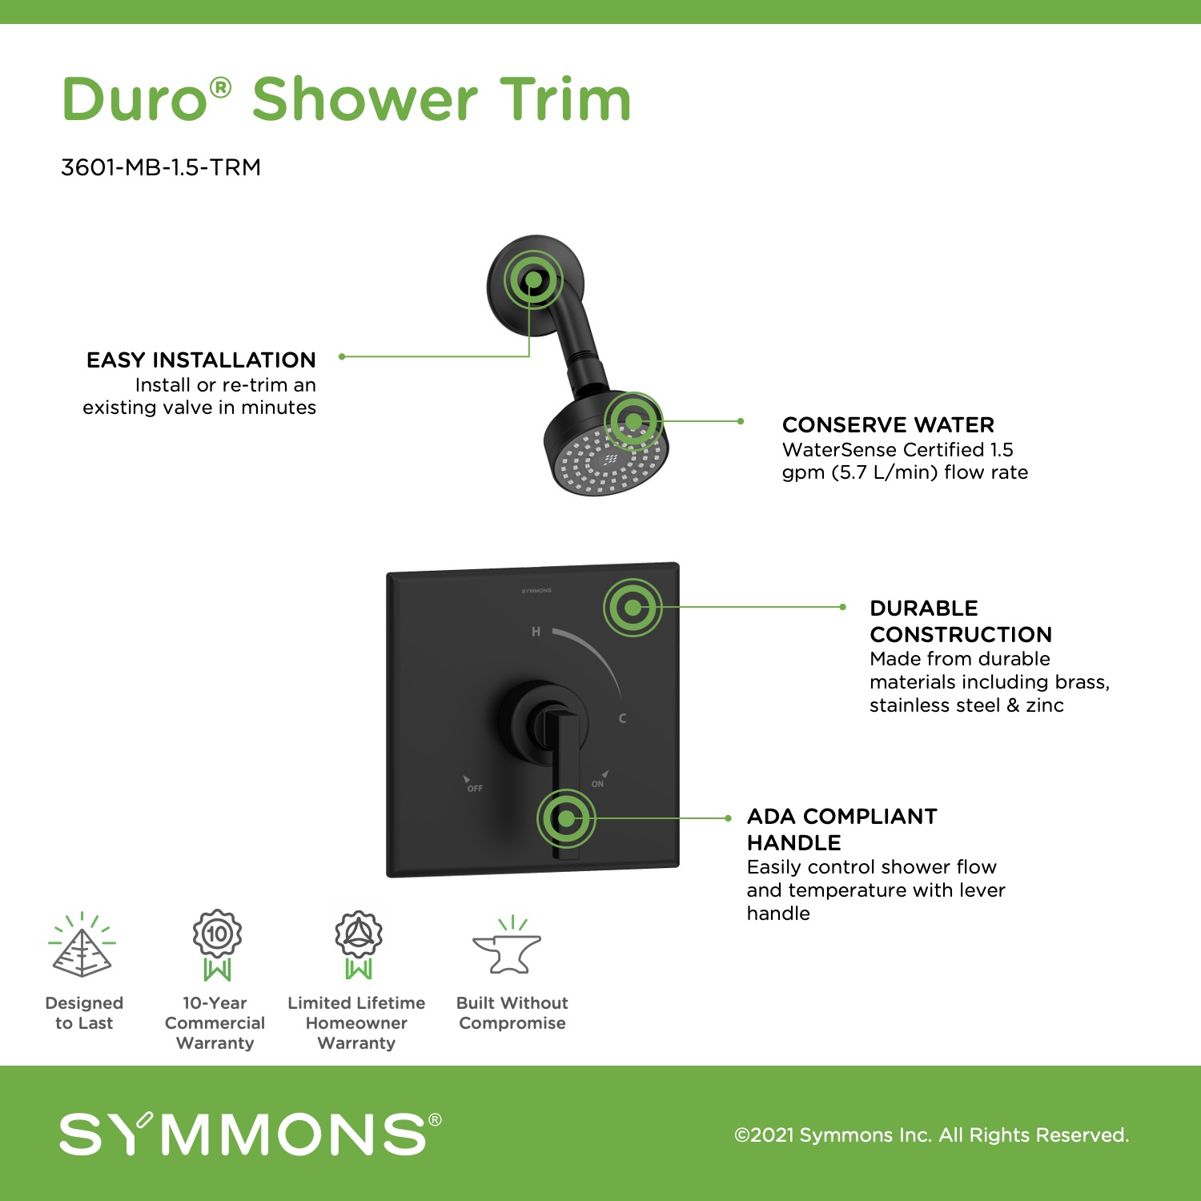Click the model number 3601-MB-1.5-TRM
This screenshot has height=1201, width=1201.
pos(161,167)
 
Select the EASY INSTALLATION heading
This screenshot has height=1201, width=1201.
pos(201,359)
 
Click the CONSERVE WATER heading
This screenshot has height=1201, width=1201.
pos(888,424)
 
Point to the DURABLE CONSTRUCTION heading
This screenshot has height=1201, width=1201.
pos(961,621)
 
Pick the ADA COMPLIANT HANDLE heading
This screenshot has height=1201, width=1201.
pos(842,829)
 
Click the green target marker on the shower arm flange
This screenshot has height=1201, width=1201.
pos(533,280)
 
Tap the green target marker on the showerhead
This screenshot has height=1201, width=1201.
pos(633,421)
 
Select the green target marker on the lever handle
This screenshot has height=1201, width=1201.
pos(566,818)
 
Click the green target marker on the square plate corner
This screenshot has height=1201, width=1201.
pos(633,608)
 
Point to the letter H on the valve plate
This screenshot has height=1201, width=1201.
pos(536,632)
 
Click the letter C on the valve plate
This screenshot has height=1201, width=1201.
pos(622,718)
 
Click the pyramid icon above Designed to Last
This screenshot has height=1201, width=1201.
pos(82,945)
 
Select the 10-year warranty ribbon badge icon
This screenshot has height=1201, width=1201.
pos(217,945)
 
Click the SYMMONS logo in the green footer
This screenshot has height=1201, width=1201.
pos(250,1134)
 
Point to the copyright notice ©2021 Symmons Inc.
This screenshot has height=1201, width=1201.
pos(932,1135)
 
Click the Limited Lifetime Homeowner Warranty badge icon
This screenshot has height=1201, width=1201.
pos(359,945)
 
